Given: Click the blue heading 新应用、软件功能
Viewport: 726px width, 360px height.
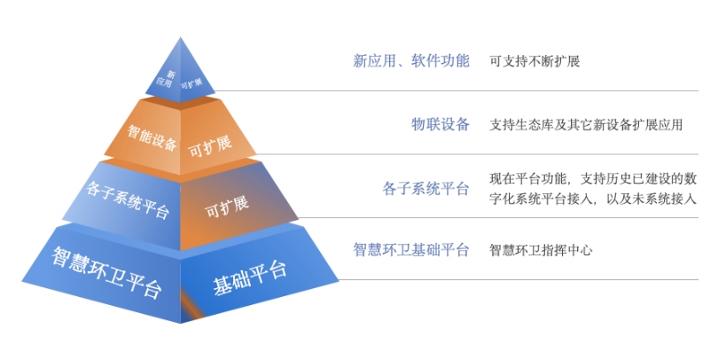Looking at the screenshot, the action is click(411, 61).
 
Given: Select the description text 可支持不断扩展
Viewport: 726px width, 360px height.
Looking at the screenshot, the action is click(535, 61).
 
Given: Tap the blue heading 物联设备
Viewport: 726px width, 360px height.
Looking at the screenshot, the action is click(441, 124).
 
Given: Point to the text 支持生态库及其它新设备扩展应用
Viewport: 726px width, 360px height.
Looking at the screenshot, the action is click(586, 125).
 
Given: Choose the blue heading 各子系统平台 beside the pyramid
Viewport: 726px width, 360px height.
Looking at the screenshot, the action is click(425, 189).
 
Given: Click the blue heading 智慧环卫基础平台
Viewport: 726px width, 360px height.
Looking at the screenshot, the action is click(411, 250).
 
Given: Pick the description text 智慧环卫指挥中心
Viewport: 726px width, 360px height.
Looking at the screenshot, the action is click(542, 250).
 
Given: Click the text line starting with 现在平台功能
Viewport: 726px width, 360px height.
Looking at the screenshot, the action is click(593, 178).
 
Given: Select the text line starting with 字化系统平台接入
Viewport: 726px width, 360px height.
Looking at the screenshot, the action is click(593, 199).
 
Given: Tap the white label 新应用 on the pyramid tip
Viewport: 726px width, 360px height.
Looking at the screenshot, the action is click(165, 79).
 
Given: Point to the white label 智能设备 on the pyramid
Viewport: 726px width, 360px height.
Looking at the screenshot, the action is click(152, 136).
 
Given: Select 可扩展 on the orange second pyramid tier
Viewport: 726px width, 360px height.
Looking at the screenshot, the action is click(210, 146).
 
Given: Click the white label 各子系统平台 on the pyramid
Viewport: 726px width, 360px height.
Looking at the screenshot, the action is click(128, 200).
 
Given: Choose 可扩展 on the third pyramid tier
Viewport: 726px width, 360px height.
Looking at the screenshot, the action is click(227, 207).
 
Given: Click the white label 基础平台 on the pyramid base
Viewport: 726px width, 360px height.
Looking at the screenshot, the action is click(250, 277).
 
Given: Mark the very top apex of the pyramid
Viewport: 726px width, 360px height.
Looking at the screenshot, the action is click(180, 37).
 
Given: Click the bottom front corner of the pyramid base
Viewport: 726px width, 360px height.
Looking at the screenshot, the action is click(181, 323).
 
